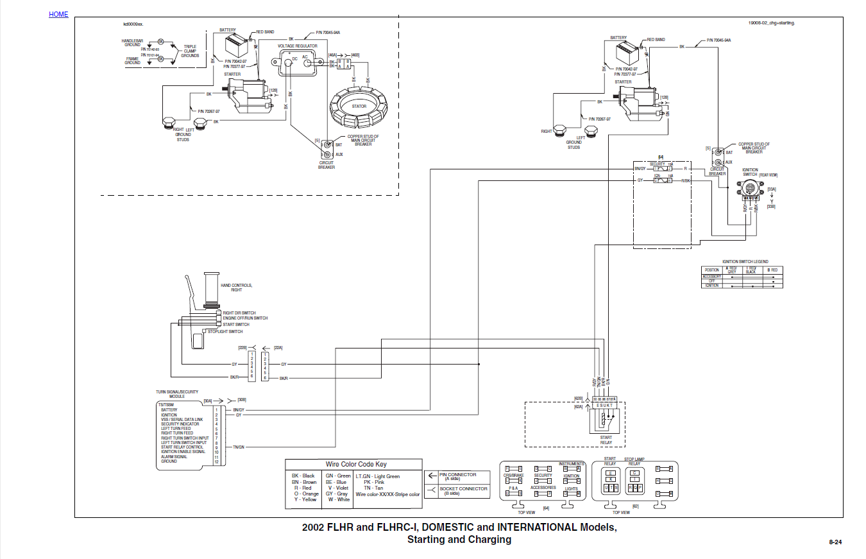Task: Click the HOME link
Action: (58, 14)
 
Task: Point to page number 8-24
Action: (835, 542)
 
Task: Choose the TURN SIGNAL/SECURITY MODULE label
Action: (177, 394)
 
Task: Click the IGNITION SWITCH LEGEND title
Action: (745, 262)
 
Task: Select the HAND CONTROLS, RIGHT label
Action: (237, 288)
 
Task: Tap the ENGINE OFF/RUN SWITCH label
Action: (245, 318)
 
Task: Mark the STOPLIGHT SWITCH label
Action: (225, 332)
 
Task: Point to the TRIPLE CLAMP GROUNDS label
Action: (190, 51)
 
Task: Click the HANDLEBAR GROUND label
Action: (132, 42)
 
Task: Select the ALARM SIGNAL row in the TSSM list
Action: (174, 457)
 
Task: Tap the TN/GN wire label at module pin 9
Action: (238, 447)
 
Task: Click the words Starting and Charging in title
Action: (459, 540)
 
